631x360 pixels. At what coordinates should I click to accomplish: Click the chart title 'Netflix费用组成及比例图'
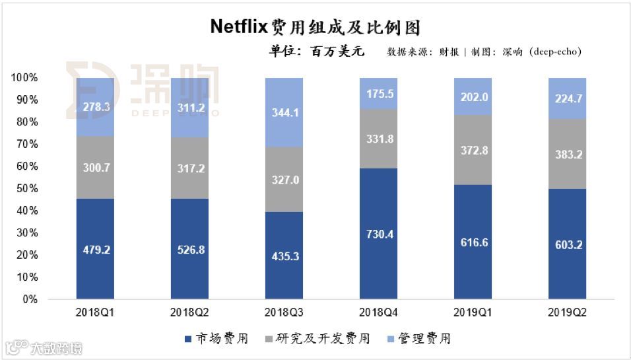[x=315, y=27]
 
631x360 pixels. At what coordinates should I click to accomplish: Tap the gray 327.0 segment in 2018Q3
[x=284, y=179]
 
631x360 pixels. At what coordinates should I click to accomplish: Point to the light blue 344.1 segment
[x=284, y=112]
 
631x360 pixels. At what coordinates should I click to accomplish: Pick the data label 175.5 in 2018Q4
[x=379, y=94]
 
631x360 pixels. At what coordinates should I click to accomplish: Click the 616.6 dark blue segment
[x=473, y=242]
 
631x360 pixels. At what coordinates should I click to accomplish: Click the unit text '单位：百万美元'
[x=316, y=51]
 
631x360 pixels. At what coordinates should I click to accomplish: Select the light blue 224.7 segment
[x=568, y=99]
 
